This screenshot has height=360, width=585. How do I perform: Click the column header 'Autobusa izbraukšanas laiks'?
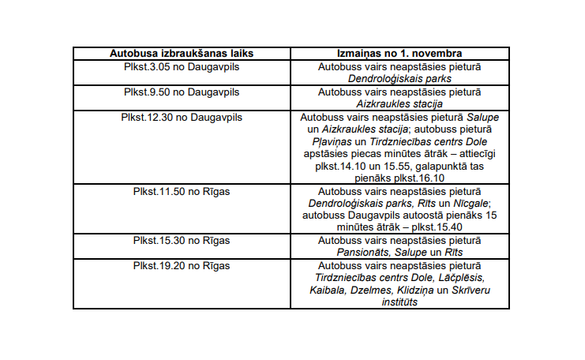pos(182,54)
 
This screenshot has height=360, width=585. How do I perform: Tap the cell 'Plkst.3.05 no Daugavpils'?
pos(182,68)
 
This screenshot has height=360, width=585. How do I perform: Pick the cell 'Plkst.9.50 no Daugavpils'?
pos(182,92)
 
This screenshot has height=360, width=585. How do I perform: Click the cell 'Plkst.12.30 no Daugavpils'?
pos(182,117)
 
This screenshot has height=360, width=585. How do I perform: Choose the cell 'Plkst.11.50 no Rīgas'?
pos(182,190)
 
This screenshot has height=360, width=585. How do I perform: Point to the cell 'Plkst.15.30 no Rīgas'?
pos(182,239)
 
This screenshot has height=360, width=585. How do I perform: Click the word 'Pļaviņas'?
pos(337,141)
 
